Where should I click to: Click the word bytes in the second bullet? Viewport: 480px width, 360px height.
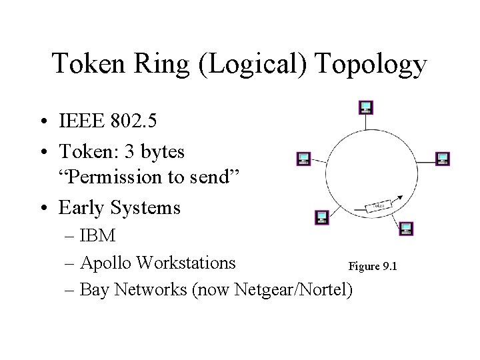coord(161,152)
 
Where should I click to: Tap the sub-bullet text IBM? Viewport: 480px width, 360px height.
coord(97,235)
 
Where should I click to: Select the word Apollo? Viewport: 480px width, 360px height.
coord(106,262)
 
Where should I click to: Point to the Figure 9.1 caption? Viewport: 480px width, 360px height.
coord(373,266)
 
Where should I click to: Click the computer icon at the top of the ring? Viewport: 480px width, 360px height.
coord(366,107)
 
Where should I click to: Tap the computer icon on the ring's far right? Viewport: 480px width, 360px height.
coord(442,159)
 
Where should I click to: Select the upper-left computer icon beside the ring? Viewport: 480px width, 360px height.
coord(303,159)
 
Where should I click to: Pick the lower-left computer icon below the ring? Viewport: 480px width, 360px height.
coord(322,217)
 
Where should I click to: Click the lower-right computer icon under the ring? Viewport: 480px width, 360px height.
coord(406,229)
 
